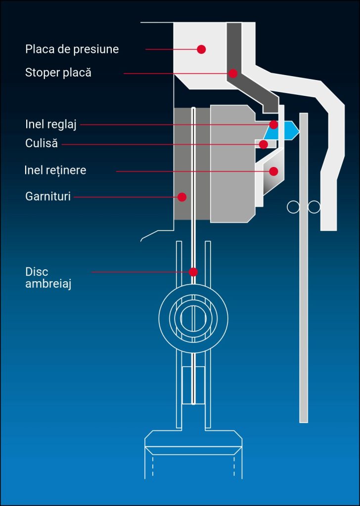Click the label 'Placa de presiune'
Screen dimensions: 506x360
point(72,49)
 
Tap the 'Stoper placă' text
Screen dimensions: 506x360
point(58,73)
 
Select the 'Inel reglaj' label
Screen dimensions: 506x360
point(51,124)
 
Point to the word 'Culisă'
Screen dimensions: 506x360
point(42,144)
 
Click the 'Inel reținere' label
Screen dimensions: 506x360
point(55,170)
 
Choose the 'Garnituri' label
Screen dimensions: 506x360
point(48,197)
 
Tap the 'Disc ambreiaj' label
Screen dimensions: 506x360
point(48,278)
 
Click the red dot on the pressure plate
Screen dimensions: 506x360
point(201,49)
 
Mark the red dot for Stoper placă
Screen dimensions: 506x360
point(233,74)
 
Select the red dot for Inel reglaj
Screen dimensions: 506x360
point(273,125)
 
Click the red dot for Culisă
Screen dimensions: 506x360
point(264,144)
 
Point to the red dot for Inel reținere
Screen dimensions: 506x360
point(273,171)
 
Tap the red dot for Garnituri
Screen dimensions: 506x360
point(182,197)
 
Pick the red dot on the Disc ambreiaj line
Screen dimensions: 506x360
point(193,272)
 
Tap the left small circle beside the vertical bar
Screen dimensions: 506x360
point(293,207)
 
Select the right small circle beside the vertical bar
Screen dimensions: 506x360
point(314,207)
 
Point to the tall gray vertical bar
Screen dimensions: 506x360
point(304,296)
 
